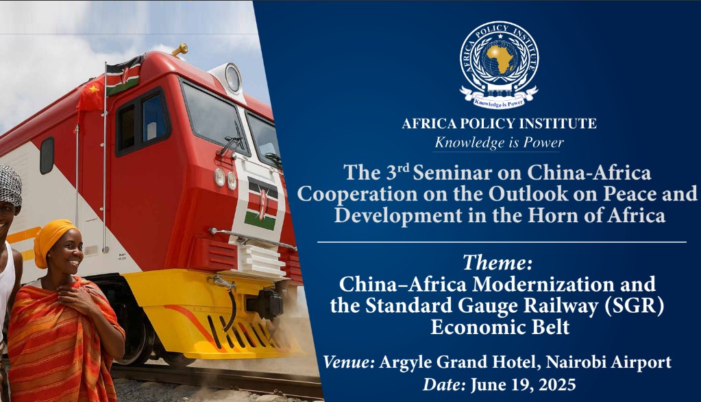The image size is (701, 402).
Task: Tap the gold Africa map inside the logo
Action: tap(500, 58)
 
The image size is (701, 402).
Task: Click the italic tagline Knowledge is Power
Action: tap(499, 143)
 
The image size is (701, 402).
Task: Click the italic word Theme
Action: tap(497, 262)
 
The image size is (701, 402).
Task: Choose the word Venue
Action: tap(349, 362)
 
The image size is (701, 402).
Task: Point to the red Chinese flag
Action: tap(90, 95)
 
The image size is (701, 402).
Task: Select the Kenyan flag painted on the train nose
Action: tap(261, 204)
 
